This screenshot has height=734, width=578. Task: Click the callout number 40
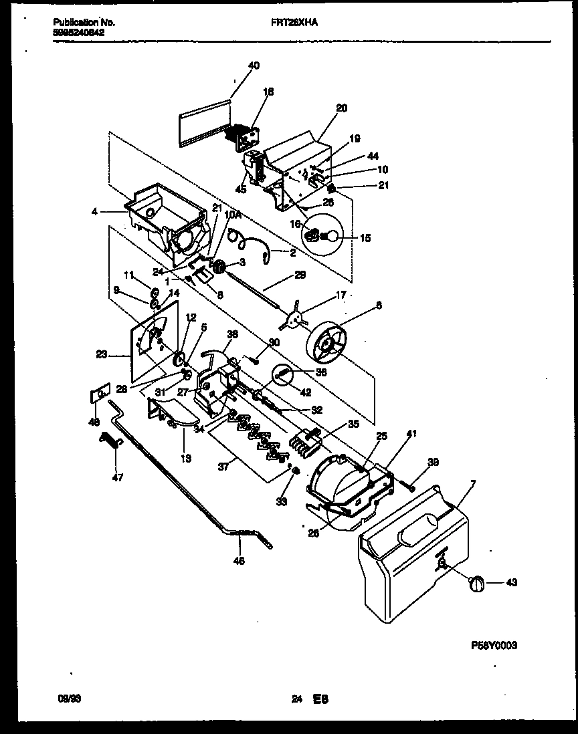(x=254, y=66)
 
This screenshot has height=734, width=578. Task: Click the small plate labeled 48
(x=100, y=395)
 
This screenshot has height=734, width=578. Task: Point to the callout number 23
(x=102, y=356)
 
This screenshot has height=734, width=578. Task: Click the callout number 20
(x=341, y=108)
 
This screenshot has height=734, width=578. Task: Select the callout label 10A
(x=232, y=215)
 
